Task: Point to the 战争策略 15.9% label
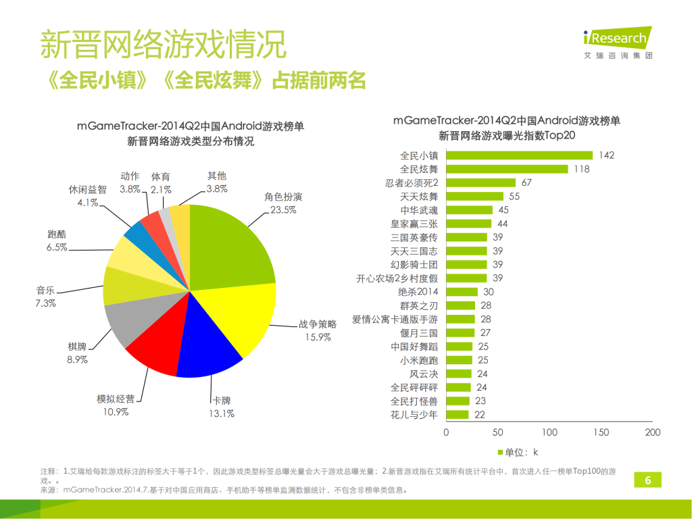coord(318,330)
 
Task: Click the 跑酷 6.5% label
coord(57,241)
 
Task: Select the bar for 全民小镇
coord(519,155)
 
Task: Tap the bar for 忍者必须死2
coord(480,182)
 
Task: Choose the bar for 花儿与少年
coord(458,414)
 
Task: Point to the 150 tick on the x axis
coord(601,432)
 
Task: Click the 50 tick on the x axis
coord(497,432)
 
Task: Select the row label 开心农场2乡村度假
coord(397,278)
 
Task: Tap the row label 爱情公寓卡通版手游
coord(395,319)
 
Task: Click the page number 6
coord(648,480)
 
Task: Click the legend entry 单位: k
coord(517,451)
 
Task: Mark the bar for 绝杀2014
coord(462,291)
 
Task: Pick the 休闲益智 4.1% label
coord(87,196)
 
